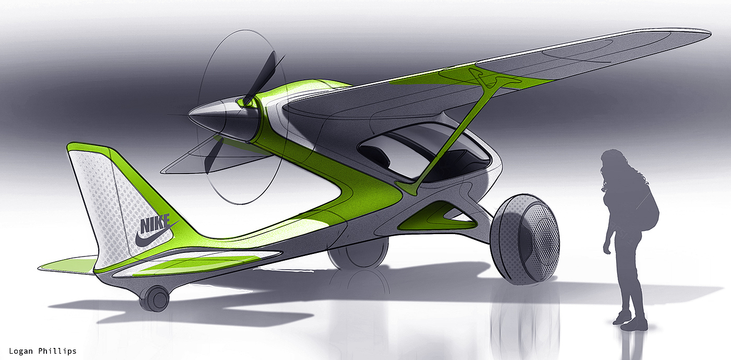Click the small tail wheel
tap(155, 298)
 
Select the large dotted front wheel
tap(525, 239)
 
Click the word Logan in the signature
tap(21, 351)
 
